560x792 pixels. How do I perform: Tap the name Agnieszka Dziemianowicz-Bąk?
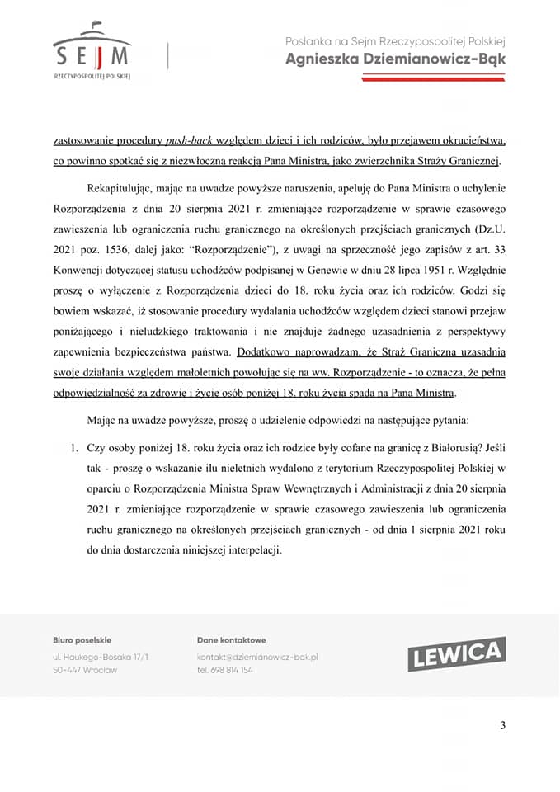click(395, 59)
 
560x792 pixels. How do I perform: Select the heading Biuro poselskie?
click(82, 640)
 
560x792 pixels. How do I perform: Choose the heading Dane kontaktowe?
click(231, 640)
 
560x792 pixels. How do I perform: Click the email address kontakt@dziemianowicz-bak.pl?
click(257, 657)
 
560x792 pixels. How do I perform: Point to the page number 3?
click(503, 725)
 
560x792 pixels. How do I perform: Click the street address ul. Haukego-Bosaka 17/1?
click(100, 657)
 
